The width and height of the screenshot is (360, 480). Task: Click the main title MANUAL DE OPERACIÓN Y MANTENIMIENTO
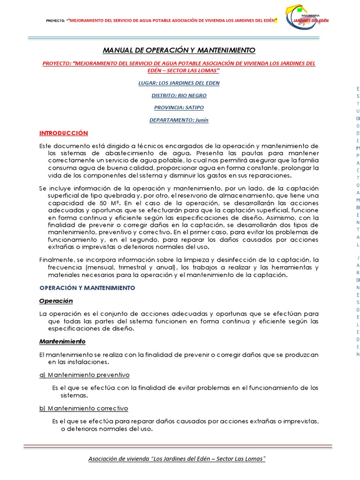pos(179,50)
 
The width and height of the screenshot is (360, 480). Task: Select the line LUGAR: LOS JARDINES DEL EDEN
pos(179,83)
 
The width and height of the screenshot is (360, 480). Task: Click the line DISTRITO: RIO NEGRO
pos(179,95)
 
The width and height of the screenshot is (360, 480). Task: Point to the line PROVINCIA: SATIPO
pos(179,107)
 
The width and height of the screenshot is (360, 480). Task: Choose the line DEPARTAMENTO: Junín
pos(179,120)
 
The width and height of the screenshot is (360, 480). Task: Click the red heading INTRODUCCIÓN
pos(63,133)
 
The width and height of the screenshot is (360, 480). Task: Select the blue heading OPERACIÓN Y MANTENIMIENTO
pos(87,287)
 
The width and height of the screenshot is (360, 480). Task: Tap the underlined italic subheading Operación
pos(56,300)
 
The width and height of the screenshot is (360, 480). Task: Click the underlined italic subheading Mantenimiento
pos(62,342)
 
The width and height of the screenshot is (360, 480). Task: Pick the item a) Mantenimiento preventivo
pos(84,375)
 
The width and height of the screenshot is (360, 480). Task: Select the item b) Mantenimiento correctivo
pos(83,408)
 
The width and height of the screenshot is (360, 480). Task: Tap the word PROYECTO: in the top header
pos(55,21)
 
